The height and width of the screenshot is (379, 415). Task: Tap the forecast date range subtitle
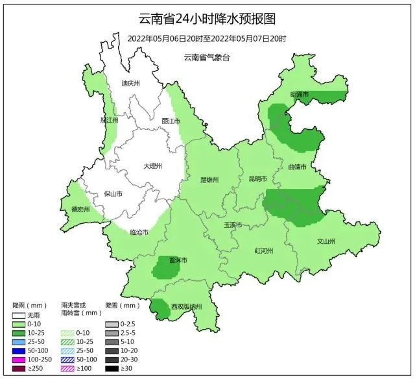pos(207,38)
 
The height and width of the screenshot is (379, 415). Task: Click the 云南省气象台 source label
pos(207,58)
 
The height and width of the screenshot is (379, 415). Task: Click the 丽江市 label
pos(171,121)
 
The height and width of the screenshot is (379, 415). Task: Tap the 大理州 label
pos(152,166)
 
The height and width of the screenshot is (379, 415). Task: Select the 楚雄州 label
pos(209,180)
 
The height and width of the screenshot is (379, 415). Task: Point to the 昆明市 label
pos(257,178)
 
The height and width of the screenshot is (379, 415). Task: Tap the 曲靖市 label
pos(298,167)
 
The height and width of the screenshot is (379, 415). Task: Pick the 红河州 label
pos(264,251)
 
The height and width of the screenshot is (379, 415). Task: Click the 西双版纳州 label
pos(187,306)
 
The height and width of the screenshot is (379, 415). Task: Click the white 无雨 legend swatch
pos(21,316)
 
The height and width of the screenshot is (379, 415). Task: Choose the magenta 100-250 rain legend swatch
pos(21,360)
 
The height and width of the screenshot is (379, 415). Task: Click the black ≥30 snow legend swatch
pos(112,368)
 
